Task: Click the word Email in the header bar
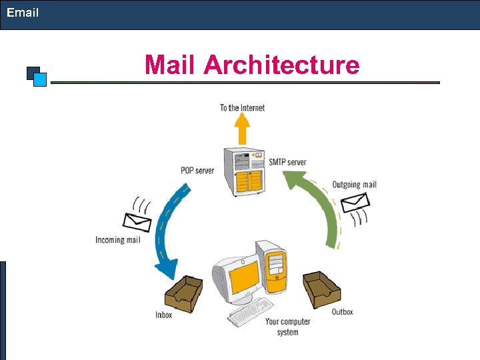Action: coord(23,13)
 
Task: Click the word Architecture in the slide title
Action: coord(281,65)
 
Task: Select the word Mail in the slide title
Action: coord(171,65)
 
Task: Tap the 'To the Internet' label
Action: coord(242,108)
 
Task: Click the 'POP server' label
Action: coord(197,171)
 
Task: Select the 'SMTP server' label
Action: coord(287,162)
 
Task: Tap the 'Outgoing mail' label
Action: coord(354,185)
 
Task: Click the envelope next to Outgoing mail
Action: coord(355,201)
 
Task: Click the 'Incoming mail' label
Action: coord(117,240)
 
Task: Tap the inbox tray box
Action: coord(183,293)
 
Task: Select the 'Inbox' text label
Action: coord(163,315)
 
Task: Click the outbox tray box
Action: coord(322,289)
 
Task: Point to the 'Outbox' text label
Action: coord(342,312)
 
